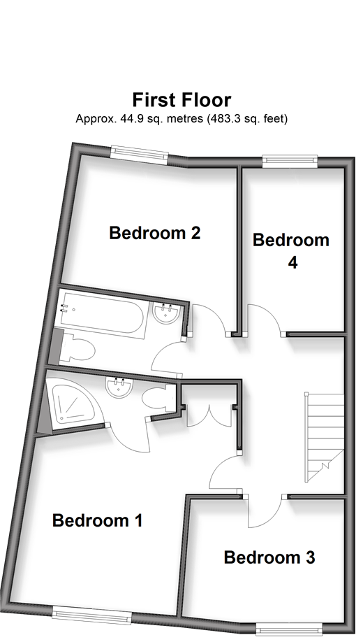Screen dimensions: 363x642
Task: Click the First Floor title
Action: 182,100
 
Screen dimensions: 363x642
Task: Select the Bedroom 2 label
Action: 155,233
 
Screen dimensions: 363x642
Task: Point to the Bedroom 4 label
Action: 291,250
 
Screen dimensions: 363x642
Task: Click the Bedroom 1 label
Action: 97,520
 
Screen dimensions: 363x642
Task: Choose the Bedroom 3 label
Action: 269,557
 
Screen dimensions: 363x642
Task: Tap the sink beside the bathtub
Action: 166,313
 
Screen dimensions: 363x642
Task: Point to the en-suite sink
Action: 119,387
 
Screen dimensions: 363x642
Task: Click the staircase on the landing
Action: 323,438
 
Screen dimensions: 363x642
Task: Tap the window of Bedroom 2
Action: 140,155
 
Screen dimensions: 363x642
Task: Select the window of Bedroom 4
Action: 290,162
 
